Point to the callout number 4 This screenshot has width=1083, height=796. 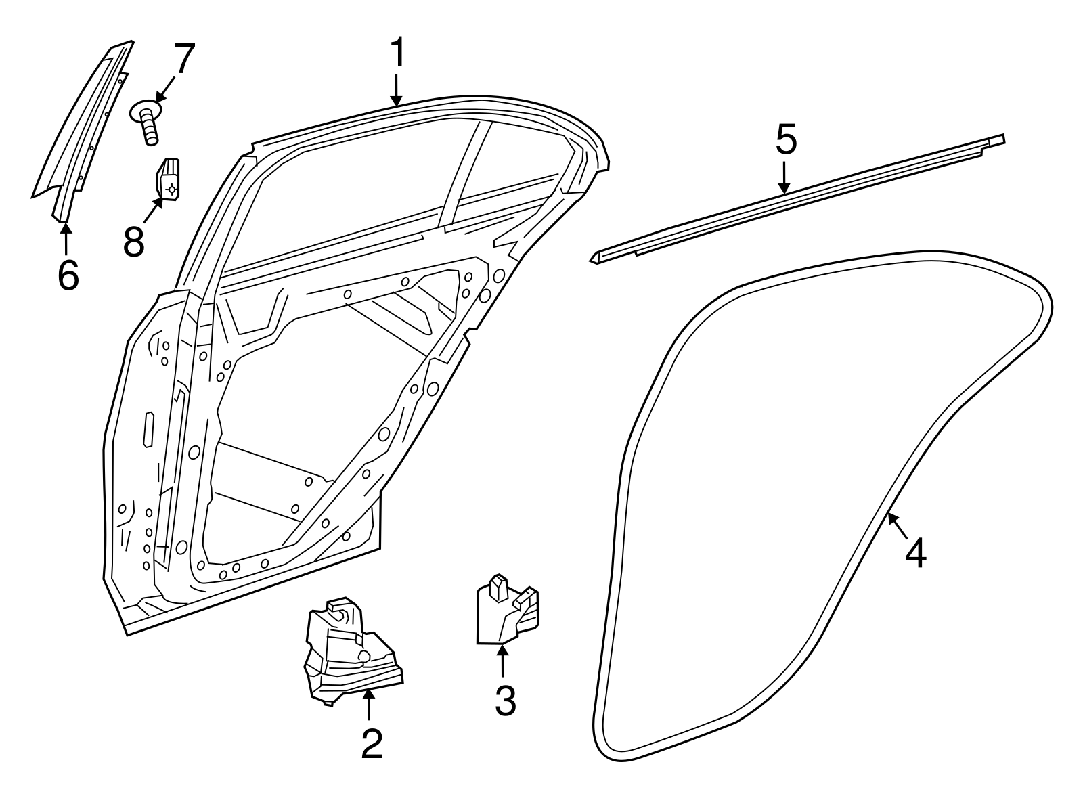915,552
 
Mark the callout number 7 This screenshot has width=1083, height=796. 183,60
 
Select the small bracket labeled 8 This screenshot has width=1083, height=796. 170,180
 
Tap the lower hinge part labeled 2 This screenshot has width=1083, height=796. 349,651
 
